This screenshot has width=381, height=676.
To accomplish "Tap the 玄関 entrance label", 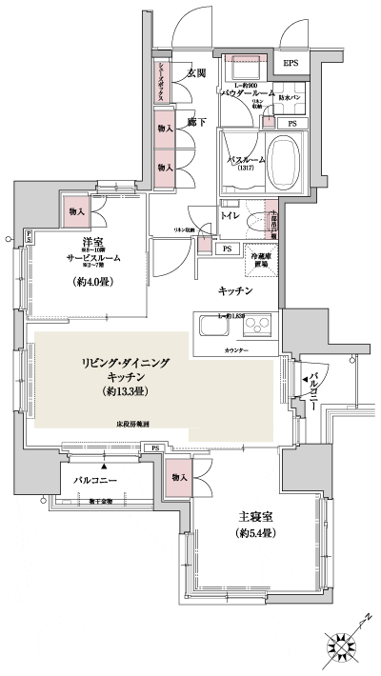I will [197, 73].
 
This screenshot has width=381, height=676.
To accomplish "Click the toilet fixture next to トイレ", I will [258, 219].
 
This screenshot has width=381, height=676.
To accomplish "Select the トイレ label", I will [230, 216].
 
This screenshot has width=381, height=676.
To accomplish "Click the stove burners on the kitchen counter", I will [257, 328].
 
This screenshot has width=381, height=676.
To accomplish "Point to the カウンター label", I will [239, 351].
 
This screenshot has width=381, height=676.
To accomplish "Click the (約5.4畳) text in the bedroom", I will [255, 535].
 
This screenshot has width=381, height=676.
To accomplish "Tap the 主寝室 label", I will [255, 517].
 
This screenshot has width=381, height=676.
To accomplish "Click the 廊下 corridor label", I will [197, 123].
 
